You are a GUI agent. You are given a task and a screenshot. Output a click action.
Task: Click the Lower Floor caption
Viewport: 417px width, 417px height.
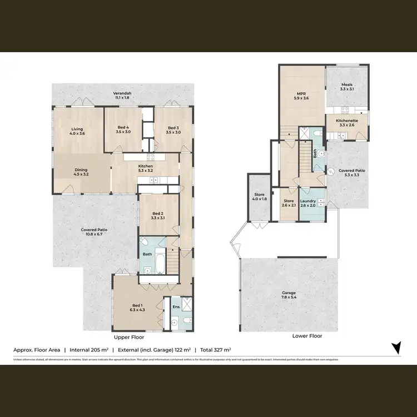tap(307, 336)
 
